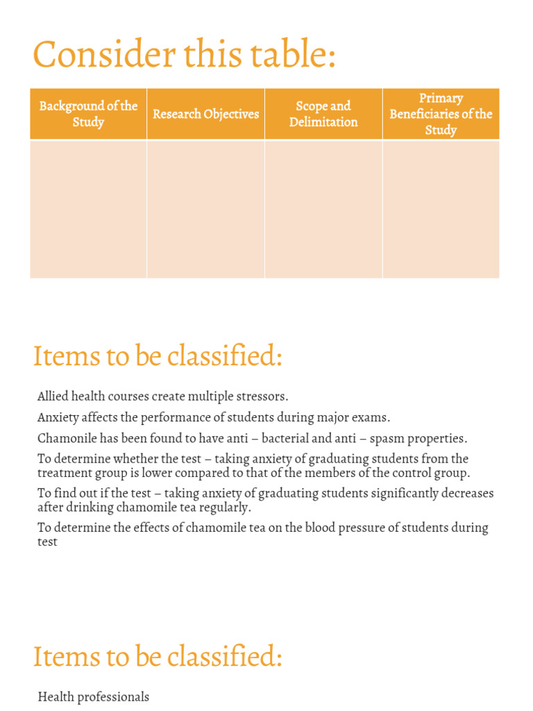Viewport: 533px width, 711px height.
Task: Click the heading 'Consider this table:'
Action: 184,55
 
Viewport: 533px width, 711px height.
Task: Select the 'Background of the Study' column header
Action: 88,114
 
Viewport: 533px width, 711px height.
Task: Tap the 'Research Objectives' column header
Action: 205,114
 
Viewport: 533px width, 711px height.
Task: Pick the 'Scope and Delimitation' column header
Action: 323,114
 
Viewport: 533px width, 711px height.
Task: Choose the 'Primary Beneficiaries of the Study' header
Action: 441,114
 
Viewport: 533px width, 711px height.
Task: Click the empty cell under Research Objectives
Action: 205,209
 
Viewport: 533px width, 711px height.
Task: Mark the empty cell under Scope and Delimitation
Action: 323,209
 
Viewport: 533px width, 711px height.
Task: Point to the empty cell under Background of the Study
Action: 88,209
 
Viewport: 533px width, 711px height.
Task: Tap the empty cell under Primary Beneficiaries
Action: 441,209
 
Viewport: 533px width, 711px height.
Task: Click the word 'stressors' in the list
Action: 262,396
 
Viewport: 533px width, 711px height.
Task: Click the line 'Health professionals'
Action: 93,696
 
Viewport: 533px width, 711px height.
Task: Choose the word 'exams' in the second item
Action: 372,417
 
